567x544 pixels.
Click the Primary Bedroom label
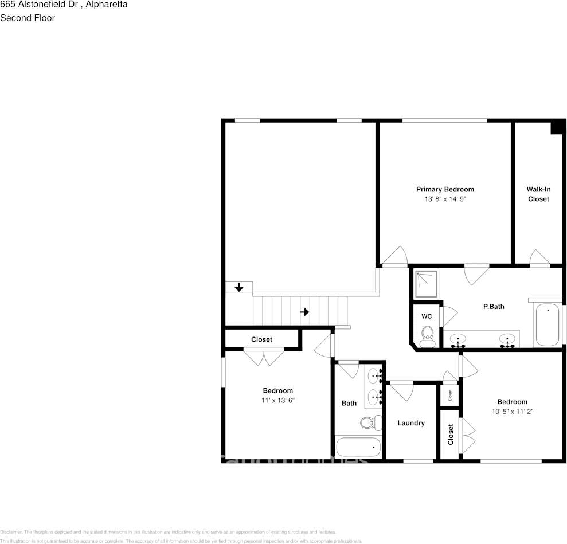pos(445,189)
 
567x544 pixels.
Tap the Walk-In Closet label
pos(538,194)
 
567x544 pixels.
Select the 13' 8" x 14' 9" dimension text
pos(445,199)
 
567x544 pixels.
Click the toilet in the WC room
pos(427,335)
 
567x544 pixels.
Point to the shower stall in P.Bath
pos(425,284)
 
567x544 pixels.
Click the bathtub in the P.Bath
pos(548,324)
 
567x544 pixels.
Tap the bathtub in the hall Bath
pos(358,447)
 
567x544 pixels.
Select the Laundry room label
pos(411,423)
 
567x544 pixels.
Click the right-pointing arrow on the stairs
pos(305,312)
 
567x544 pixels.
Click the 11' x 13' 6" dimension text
pos(277,401)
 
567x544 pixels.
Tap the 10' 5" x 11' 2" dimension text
pos(512,412)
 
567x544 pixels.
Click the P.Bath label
pos(494,307)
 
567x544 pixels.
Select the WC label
pos(427,316)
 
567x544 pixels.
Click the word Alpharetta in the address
pos(107,5)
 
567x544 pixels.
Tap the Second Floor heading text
pos(28,18)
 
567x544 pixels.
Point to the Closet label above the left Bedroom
pos(261,339)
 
